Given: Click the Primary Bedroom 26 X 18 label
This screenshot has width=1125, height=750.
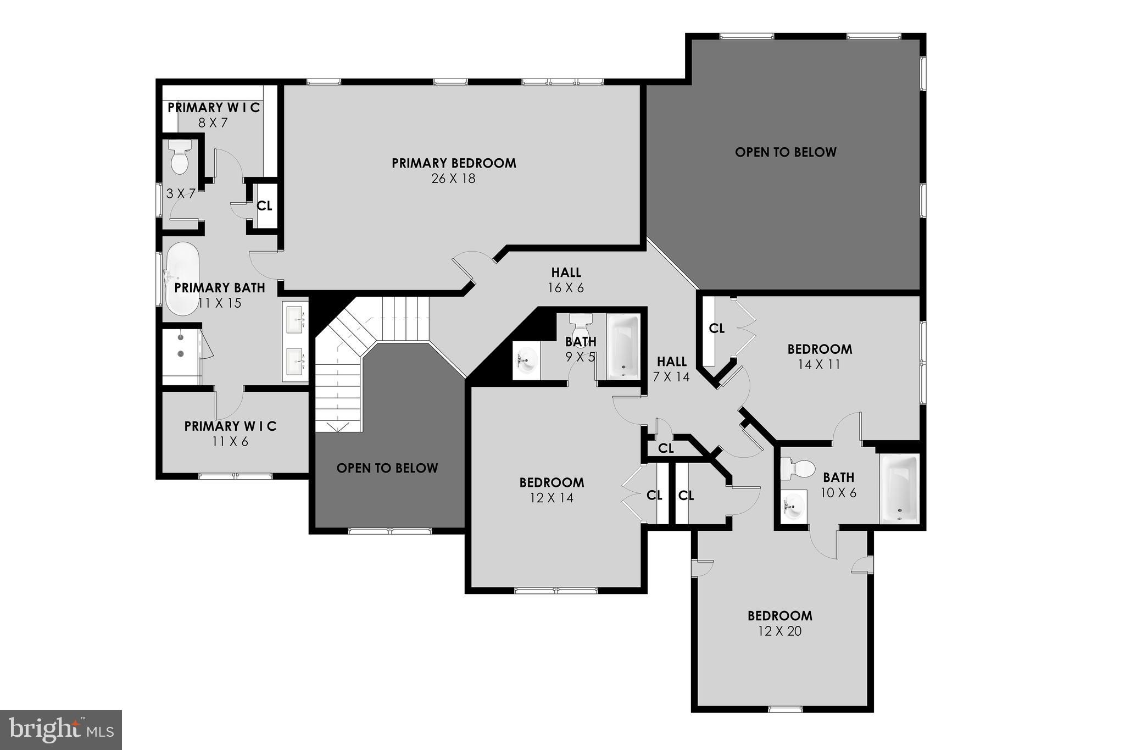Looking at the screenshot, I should point(454,170).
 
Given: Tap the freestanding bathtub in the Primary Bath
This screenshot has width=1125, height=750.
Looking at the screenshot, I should point(182,279).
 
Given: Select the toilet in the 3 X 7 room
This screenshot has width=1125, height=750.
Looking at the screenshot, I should point(180,157).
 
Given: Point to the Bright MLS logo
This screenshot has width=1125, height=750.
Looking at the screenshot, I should point(61,730).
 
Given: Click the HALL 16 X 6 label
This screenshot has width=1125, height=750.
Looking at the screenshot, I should point(566,280).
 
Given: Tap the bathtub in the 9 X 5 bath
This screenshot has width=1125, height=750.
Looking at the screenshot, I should point(623,346).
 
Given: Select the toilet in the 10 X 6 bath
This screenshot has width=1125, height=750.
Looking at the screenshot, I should point(798,469).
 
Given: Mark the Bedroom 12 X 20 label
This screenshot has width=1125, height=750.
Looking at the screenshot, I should point(779,623).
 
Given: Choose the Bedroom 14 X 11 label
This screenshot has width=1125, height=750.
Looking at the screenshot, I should point(820,356).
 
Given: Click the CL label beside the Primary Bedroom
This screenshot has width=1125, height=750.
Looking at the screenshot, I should point(265,206).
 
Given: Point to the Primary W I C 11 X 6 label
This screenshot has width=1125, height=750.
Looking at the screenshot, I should point(230,434).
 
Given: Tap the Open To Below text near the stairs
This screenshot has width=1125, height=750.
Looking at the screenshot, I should point(387,468).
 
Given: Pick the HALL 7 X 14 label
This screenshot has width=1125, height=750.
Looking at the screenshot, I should point(672,369).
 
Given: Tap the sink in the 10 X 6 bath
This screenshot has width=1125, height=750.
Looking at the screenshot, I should point(793,504).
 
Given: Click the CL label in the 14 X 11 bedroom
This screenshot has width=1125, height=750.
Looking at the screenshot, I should point(716,329).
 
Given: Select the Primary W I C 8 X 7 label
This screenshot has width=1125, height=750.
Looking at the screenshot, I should point(213,115).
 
